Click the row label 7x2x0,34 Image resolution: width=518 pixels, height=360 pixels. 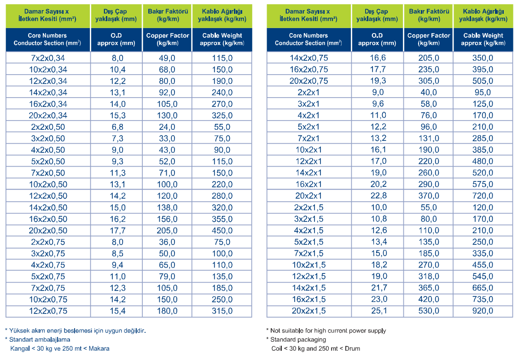click(48, 58)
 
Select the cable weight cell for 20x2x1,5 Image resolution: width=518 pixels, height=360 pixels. click(483, 311)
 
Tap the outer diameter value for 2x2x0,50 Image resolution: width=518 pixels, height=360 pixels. click(117, 127)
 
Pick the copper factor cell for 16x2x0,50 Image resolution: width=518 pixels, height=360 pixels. click(167, 219)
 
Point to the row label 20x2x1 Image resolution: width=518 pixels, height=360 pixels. click(308, 196)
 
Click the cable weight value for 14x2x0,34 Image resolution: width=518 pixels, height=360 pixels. click(222, 93)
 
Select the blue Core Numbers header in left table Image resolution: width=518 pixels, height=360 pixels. click(47, 39)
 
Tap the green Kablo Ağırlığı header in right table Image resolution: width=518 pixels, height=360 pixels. click(483, 15)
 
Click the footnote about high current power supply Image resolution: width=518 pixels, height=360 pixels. click(326, 331)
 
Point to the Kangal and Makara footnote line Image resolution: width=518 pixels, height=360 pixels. click(60, 348)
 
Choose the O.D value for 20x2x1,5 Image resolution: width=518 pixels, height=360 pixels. click(379, 311)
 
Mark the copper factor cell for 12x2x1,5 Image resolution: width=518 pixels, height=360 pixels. click(429, 276)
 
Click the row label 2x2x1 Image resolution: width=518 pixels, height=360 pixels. click(308, 93)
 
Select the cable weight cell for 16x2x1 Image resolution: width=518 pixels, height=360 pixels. click(483, 184)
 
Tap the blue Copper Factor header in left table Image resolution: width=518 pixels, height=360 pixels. click(168, 39)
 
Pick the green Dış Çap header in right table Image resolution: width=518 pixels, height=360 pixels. click(377, 15)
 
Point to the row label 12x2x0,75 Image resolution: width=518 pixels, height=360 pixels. click(48, 311)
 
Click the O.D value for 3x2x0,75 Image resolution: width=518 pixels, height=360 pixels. click(117, 254)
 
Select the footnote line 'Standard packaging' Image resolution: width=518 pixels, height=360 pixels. click(296, 340)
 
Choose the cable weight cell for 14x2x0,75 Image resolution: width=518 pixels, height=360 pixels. click(483, 58)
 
